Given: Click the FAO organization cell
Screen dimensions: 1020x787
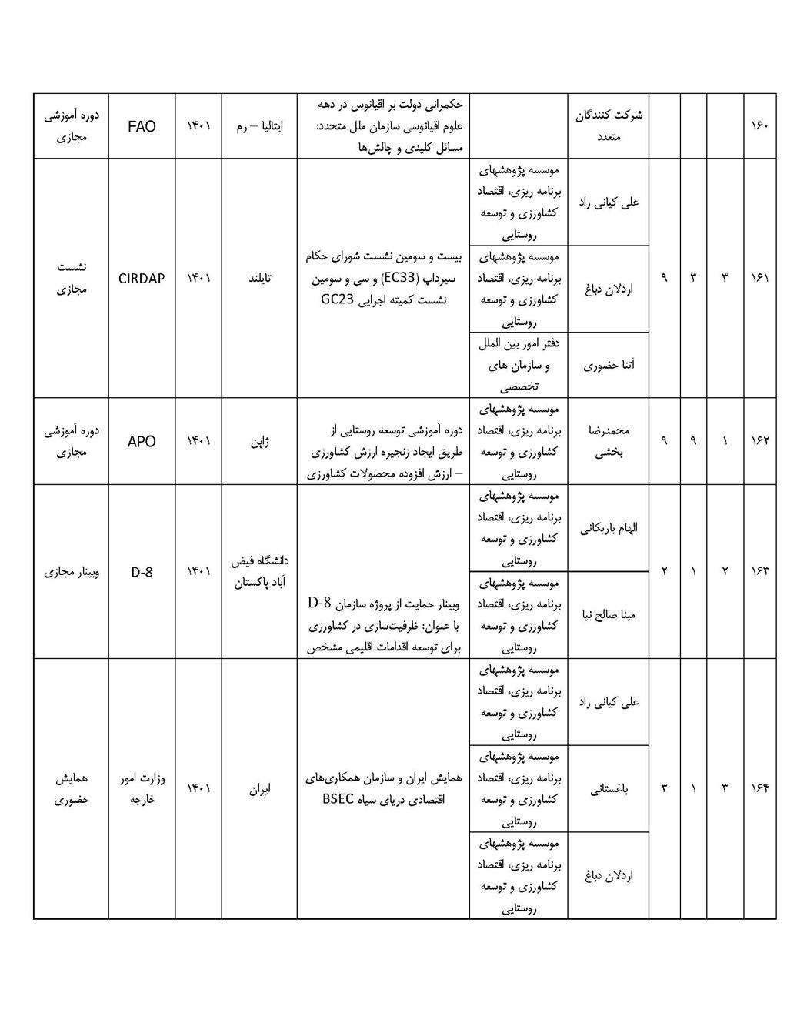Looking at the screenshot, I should point(142,126).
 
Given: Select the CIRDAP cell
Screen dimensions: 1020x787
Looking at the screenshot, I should point(142,279).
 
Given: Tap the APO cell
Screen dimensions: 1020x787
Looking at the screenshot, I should point(142,441).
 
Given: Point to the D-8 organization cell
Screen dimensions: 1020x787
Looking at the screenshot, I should point(142,572).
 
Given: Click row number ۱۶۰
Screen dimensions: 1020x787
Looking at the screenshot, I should point(759,126).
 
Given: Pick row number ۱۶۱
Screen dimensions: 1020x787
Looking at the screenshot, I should point(759,279).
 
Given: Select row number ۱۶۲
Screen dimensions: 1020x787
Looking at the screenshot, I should point(759,441).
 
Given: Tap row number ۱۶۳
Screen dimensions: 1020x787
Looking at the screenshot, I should point(759,571).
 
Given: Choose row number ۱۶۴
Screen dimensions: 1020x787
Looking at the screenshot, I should point(759,788).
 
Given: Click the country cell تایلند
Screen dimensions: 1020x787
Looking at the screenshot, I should point(258,279).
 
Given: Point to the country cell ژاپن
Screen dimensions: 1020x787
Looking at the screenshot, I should point(258,441).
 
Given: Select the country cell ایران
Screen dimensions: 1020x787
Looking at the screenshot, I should point(258,788).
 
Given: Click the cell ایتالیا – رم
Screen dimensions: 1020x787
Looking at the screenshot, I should point(258,126).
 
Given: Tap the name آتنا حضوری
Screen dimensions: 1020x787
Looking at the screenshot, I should point(608,365).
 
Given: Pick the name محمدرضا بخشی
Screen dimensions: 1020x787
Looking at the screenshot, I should point(608,441).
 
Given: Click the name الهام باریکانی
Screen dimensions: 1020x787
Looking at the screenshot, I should point(608,528).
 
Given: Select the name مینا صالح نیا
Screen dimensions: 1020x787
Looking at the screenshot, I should point(608,615).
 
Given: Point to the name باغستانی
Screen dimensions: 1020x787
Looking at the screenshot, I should point(608,788).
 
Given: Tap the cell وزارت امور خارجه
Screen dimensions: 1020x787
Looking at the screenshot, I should point(142,788).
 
